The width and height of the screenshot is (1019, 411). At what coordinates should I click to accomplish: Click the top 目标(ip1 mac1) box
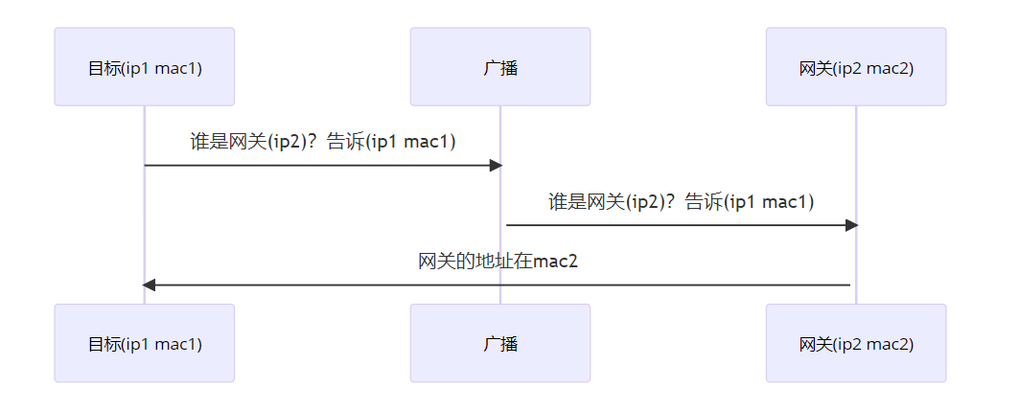[144, 66]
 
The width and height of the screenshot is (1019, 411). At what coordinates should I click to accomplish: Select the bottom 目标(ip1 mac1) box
[144, 343]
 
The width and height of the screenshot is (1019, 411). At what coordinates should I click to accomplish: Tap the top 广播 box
[499, 66]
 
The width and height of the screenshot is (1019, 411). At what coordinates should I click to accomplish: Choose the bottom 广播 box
[499, 343]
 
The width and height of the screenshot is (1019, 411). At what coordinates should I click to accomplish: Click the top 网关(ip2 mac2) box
[855, 66]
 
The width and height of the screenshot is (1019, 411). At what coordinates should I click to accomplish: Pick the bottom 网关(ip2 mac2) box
[855, 343]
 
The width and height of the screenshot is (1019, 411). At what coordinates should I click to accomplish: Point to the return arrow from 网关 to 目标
[498, 285]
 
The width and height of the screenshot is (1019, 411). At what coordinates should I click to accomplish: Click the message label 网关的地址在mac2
[498, 262]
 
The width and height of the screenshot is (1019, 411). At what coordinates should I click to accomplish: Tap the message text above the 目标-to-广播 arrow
[322, 142]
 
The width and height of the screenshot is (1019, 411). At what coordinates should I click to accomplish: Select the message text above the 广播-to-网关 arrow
[681, 201]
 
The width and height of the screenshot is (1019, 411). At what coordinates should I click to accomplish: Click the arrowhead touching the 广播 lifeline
[496, 166]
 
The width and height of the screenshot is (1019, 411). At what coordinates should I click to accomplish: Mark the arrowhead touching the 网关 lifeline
[851, 225]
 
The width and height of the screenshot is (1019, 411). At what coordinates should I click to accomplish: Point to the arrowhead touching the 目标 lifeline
[149, 285]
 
